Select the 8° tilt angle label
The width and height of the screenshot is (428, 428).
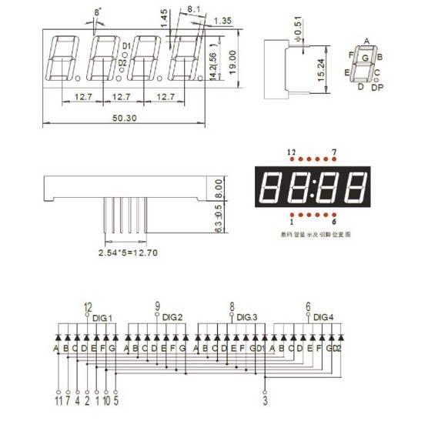pos(96,13)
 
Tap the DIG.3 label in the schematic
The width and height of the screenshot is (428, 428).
pos(246,316)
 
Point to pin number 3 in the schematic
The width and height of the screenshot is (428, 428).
pos(265,400)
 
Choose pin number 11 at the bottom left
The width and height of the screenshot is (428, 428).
pos(58,400)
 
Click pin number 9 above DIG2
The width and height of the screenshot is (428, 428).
pos(157,305)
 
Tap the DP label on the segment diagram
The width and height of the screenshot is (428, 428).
pos(377,88)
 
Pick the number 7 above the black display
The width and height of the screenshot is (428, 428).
pos(333,152)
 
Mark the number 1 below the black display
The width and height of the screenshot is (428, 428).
pos(291,222)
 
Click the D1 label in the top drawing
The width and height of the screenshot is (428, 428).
pos(126,47)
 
